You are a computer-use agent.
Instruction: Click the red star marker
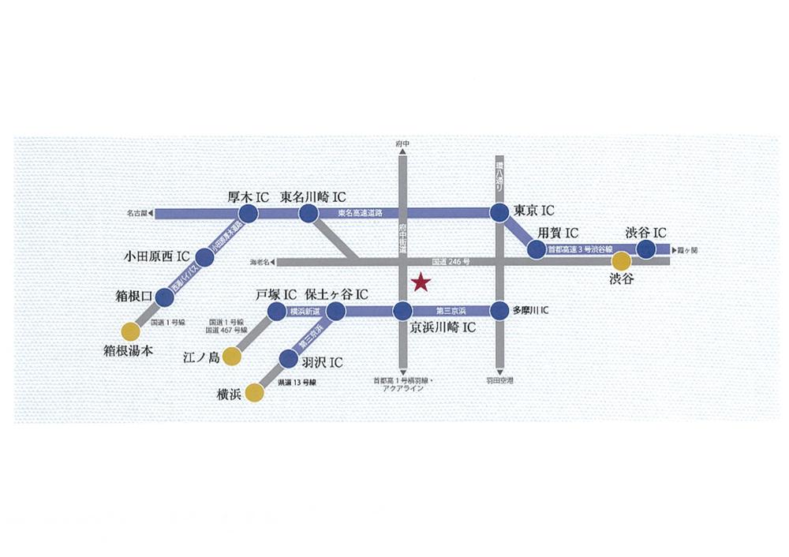421,282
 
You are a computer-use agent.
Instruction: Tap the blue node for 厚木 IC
249,213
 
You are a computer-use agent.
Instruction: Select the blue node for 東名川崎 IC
308,213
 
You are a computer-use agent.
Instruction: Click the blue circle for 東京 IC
499,213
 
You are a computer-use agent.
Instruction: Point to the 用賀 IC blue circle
537,250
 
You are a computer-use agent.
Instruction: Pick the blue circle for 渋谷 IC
646,249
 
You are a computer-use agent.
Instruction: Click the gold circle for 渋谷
623,261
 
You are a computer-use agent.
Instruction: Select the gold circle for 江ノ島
231,357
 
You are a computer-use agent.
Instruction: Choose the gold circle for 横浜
254,392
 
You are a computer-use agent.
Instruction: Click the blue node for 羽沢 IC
289,361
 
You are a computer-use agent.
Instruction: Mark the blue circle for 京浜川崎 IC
402,311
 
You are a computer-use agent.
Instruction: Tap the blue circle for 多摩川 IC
499,311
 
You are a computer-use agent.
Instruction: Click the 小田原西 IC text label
158,256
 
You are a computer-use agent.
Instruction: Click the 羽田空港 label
499,381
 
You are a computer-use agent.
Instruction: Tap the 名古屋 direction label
137,213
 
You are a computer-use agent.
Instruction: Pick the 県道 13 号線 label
297,383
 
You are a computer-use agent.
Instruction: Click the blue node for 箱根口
164,297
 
